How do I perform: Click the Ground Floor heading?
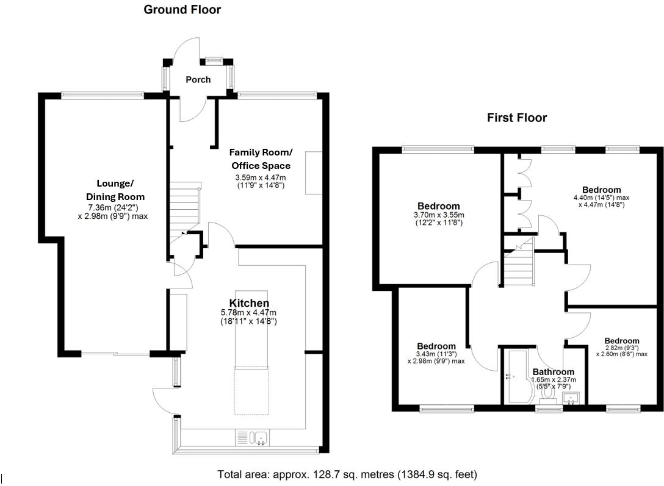182,10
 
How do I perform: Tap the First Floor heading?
516,118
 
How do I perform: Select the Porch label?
198,79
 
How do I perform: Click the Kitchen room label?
249,303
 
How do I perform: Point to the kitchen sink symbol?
256,438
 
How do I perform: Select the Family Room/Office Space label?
261,159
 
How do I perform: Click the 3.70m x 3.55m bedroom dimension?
438,215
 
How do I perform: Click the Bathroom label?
553,371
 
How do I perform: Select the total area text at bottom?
347,474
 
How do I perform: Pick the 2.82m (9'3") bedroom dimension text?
622,348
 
